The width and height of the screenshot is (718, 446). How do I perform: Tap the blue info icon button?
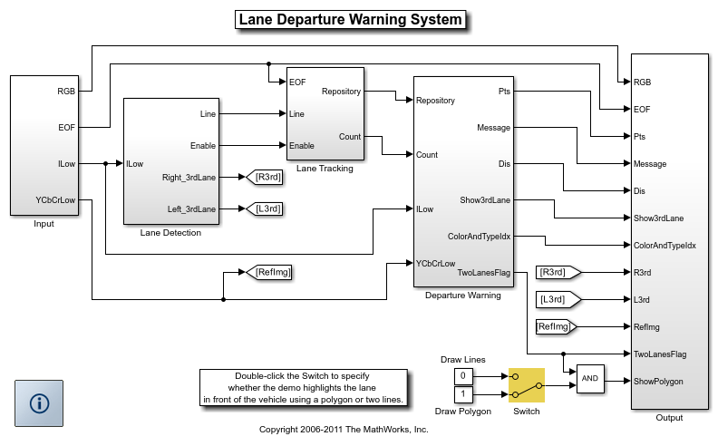pos(39,403)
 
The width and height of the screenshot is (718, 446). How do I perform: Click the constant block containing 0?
pos(462,375)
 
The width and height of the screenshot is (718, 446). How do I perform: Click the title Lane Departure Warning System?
pos(350,20)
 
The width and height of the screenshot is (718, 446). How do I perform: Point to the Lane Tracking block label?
pos(325,168)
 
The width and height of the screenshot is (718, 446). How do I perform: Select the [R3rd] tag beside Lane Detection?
pos(267,178)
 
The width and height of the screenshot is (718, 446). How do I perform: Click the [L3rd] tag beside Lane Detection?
pos(267,209)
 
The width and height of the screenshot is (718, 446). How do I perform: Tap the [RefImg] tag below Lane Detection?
pos(272,271)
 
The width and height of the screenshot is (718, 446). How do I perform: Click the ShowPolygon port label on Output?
pos(658,382)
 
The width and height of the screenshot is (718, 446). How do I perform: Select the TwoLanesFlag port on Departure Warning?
pos(484,272)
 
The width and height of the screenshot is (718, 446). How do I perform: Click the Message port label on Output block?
pos(651,164)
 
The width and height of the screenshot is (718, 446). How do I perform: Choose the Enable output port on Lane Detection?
pos(202,146)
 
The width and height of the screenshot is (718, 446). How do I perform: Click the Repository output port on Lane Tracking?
pos(341,92)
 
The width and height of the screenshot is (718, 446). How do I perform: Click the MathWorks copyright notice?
pos(344,430)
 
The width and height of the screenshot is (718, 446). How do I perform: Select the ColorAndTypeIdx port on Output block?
pos(665,246)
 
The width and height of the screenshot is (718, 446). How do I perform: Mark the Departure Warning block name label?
pos(463,295)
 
